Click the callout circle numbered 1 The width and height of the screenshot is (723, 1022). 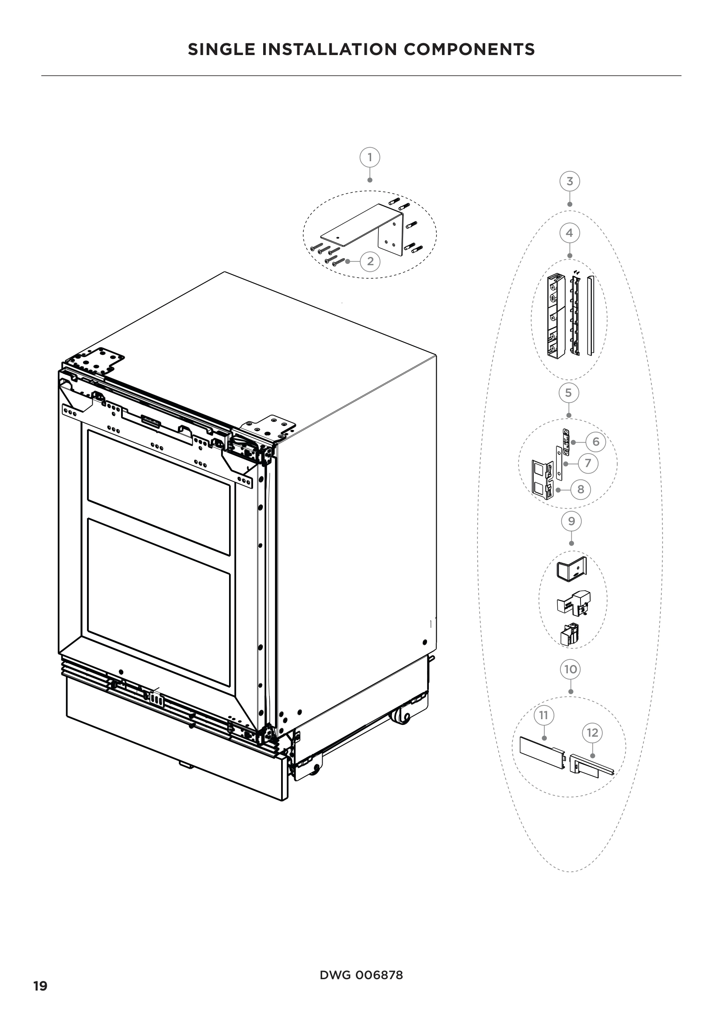pos(369,157)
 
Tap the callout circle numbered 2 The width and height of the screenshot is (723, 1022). pos(370,261)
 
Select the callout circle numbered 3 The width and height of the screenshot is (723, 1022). pos(570,182)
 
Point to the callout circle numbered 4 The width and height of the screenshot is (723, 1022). pos(570,233)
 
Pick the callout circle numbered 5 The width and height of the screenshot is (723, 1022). pos(569,393)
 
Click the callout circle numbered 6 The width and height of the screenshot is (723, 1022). pos(596,442)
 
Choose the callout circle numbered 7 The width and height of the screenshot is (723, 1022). pos(587,463)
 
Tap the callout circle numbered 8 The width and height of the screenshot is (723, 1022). pos(580,490)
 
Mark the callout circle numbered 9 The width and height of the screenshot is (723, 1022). pos(572,521)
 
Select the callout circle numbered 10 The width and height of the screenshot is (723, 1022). pos(571,669)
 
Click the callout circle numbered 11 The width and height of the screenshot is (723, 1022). pos(544,715)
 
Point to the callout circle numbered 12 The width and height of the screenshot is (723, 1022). pos(592,733)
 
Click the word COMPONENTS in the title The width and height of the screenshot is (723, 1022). pos(469,49)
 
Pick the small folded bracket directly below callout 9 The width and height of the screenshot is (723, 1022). pos(572,570)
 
